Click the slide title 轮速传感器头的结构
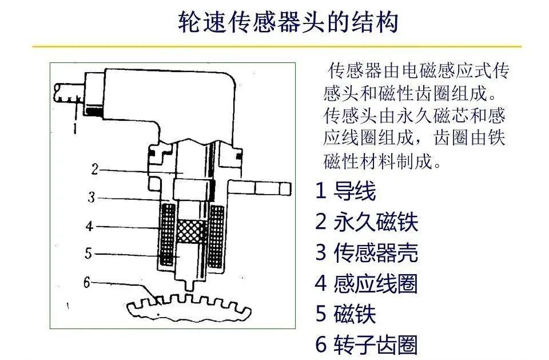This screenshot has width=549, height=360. pyautogui.click(x=288, y=22)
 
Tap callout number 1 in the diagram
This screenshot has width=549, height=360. pyautogui.click(x=74, y=128)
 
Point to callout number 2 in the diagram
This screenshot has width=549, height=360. pyautogui.click(x=95, y=169)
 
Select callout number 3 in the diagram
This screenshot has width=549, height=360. pyautogui.click(x=91, y=197)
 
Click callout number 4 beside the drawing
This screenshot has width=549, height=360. pyautogui.click(x=90, y=226)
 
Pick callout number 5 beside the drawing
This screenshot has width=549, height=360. pyautogui.click(x=88, y=253)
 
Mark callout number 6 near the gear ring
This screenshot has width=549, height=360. pyautogui.click(x=87, y=282)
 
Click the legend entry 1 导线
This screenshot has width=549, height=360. pyautogui.click(x=345, y=191)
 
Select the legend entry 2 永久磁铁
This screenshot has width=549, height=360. pyautogui.click(x=367, y=221)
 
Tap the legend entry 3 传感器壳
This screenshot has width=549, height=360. pyautogui.click(x=367, y=252)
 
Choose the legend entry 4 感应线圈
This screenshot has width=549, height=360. pyautogui.click(x=367, y=283)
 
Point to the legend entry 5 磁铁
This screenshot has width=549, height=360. pyautogui.click(x=345, y=314)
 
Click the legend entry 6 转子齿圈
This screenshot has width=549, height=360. pyautogui.click(x=367, y=344)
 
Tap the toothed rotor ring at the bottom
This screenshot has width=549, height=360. pyautogui.click(x=189, y=309)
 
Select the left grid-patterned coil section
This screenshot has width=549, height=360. pyautogui.click(x=168, y=235)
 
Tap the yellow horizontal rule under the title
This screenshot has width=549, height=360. pyautogui.click(x=277, y=46)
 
